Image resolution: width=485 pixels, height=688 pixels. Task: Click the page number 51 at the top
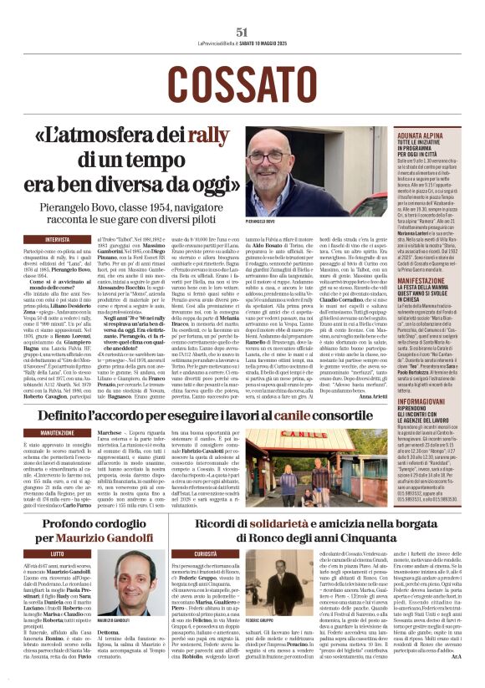242,32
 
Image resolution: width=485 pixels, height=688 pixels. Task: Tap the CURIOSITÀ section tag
207,553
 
